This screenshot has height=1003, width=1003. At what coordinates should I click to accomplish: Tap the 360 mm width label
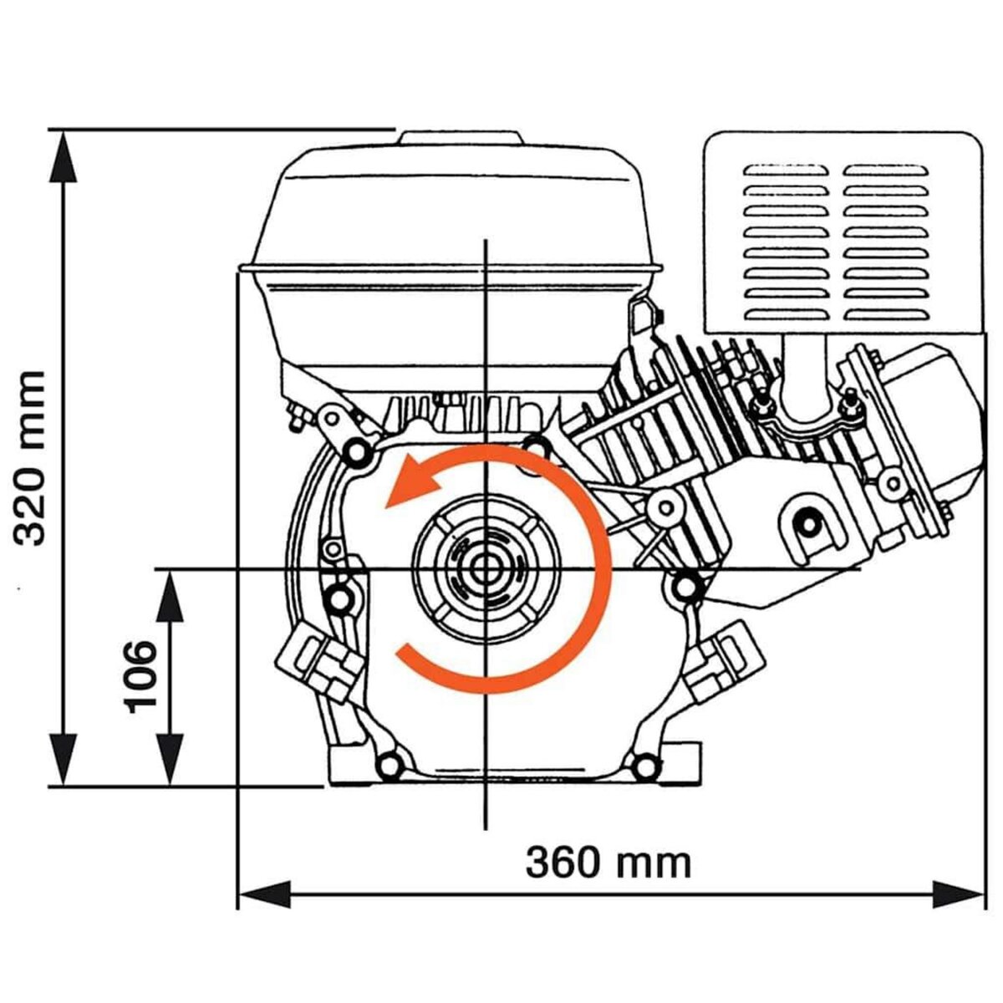coord(608,862)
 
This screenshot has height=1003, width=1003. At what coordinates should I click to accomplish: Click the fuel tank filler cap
coord(461,139)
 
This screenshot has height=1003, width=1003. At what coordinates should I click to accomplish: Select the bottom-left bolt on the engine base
coord(387,764)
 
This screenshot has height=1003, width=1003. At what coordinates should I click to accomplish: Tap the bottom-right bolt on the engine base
coord(643,764)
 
